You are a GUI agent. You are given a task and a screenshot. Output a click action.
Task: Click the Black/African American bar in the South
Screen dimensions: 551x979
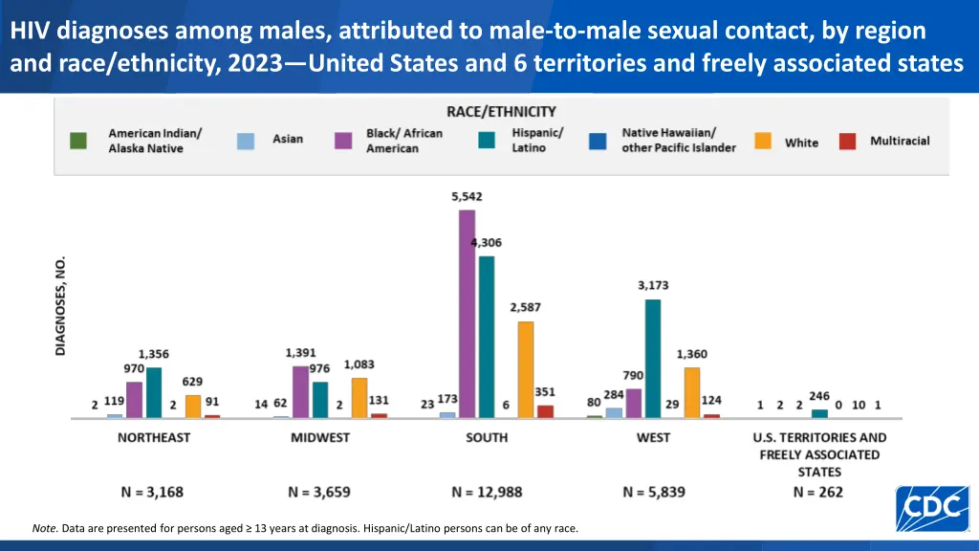click(467, 314)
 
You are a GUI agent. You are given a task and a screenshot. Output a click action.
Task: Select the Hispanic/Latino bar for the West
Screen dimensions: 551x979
click(653, 359)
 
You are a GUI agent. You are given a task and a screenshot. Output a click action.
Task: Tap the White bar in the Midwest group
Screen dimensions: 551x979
click(359, 398)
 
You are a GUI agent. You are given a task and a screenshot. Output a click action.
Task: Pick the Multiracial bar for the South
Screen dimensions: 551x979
click(545, 411)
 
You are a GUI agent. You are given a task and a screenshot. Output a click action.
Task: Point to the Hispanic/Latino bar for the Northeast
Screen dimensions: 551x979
click(154, 392)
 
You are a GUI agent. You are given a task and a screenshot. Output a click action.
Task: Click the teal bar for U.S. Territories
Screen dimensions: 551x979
click(819, 413)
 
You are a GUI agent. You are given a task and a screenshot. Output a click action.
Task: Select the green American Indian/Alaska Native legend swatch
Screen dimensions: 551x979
click(78, 141)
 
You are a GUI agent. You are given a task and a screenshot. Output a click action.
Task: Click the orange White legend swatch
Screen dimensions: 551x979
click(763, 141)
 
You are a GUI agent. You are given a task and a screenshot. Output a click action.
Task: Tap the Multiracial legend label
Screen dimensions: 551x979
click(900, 141)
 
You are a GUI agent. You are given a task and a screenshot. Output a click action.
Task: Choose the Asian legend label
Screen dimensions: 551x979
click(288, 139)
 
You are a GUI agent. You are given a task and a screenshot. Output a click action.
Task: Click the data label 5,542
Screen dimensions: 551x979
click(467, 196)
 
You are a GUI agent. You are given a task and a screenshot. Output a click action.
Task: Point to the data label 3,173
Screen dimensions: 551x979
click(653, 285)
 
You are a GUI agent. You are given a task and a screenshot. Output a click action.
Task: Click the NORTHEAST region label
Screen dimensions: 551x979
click(154, 437)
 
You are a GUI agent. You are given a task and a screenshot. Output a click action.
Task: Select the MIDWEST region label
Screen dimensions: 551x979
click(320, 437)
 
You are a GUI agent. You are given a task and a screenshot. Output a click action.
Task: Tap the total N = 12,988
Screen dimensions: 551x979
click(487, 492)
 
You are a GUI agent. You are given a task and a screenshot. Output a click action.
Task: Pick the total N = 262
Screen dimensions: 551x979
click(818, 492)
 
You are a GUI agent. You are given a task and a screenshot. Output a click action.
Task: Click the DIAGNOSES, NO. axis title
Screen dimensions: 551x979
click(61, 306)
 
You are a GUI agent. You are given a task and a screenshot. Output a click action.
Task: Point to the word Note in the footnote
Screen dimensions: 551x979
click(44, 528)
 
